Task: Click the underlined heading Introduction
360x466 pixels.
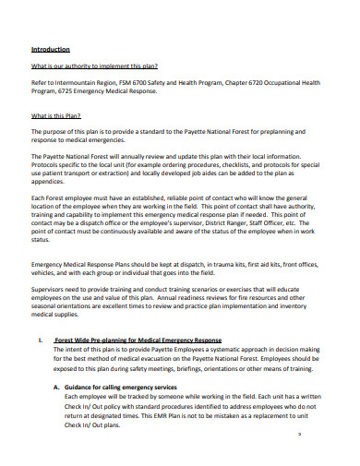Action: [51, 49]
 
